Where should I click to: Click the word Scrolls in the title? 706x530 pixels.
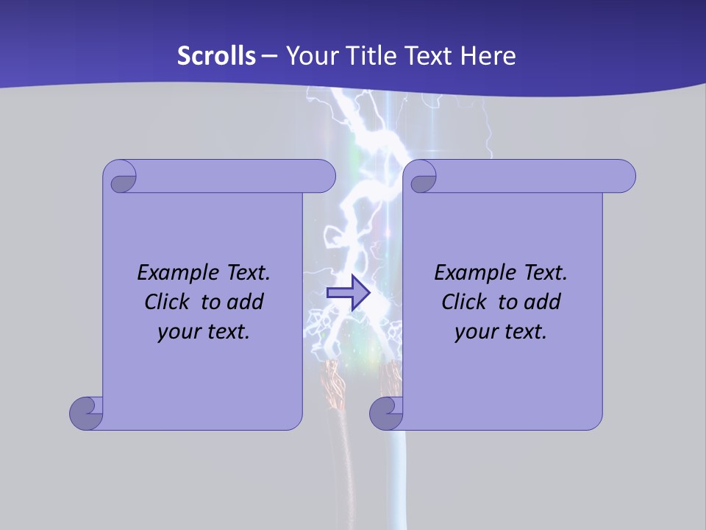(x=216, y=56)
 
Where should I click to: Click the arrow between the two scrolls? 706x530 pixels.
(x=348, y=292)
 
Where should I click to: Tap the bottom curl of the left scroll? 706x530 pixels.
(x=86, y=412)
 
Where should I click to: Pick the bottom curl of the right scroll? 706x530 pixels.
(x=386, y=412)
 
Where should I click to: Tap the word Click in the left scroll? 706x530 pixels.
(x=168, y=302)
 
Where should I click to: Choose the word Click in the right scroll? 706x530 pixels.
(x=465, y=302)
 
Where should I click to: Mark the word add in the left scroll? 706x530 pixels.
(x=245, y=302)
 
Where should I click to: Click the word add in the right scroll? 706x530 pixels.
(x=542, y=302)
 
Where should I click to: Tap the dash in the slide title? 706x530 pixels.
(x=270, y=56)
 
